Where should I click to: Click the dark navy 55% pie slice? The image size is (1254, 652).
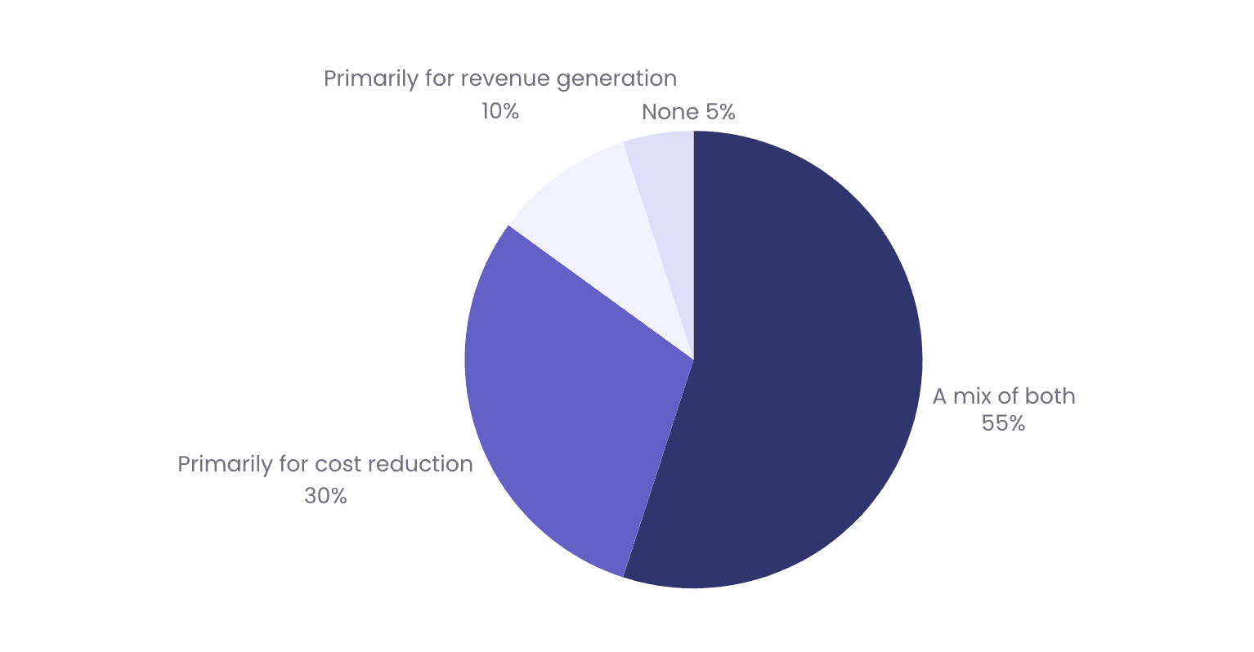tap(801, 368)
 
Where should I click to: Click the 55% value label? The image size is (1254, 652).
tap(1003, 423)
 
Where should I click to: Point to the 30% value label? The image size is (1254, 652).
tap(325, 496)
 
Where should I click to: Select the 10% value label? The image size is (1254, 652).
tap(499, 111)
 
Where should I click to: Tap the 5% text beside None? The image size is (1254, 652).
tap(720, 112)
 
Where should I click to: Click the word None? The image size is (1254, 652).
tap(670, 112)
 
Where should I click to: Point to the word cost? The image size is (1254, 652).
tap(338, 464)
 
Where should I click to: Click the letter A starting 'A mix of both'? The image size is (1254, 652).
tap(940, 396)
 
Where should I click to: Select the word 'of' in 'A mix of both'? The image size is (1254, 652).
tap(1008, 396)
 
